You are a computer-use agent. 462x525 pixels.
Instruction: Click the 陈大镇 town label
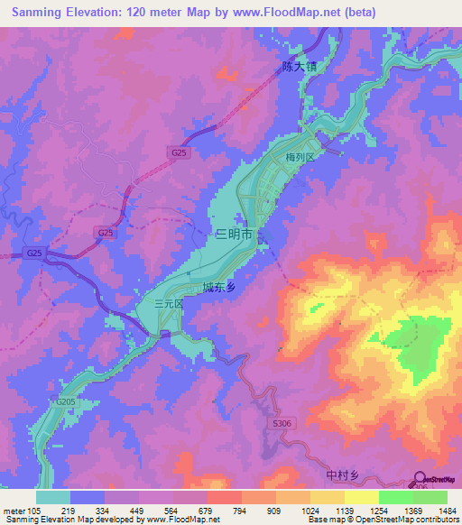tap(300, 66)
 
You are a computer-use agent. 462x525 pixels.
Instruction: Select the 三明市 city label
tap(234, 235)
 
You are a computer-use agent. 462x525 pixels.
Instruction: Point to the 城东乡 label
tap(219, 288)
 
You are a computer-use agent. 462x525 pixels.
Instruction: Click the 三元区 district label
tap(168, 305)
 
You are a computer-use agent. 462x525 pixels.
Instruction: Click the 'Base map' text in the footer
tap(326, 520)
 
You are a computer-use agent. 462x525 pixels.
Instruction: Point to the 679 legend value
tap(215, 511)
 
